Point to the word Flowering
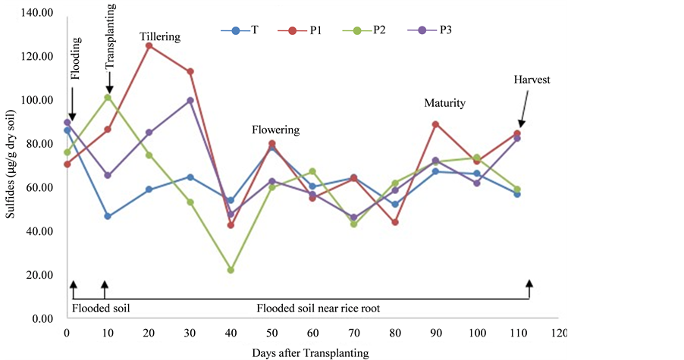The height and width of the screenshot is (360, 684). pyautogui.click(x=275, y=130)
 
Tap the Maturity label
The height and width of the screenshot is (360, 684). pyautogui.click(x=444, y=103)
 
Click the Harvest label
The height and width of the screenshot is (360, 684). pyautogui.click(x=532, y=79)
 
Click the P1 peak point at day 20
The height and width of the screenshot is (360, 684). pyautogui.click(x=149, y=45)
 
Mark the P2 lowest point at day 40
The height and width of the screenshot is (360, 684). pyautogui.click(x=231, y=270)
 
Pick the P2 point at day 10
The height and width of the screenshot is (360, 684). pyautogui.click(x=108, y=98)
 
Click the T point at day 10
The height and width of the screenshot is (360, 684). pyautogui.click(x=108, y=216)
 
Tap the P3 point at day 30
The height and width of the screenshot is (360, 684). pyautogui.click(x=190, y=100)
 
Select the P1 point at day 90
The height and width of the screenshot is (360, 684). pyautogui.click(x=435, y=124)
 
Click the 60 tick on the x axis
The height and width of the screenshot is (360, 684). pyautogui.click(x=312, y=333)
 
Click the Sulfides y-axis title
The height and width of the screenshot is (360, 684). pyautogui.click(x=10, y=165)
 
